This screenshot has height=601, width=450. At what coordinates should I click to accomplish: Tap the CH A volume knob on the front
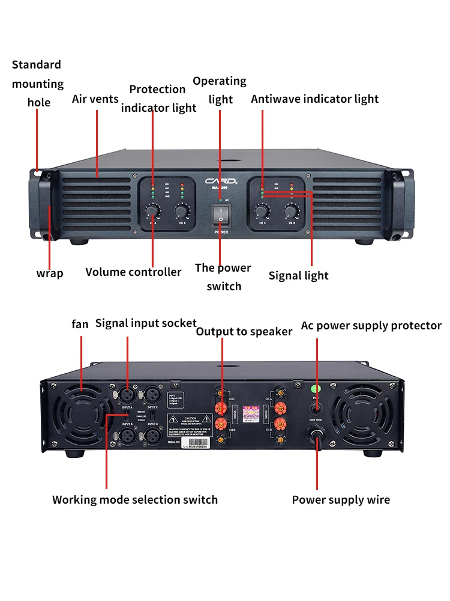(x=152, y=210)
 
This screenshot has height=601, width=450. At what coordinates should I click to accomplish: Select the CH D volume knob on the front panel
(x=292, y=210)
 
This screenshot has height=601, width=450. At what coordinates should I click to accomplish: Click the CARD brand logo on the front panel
(x=220, y=179)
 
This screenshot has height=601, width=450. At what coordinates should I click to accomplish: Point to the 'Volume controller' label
(x=133, y=272)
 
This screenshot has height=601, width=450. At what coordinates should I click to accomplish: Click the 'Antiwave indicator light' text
(x=314, y=99)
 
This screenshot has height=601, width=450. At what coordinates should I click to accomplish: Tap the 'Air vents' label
(x=95, y=99)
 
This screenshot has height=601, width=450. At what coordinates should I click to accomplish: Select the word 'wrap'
(x=50, y=273)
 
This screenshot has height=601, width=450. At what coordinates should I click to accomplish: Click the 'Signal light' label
(x=298, y=276)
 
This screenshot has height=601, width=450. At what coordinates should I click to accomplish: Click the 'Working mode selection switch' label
(x=135, y=500)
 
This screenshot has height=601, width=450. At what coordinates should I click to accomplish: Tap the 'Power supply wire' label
(x=341, y=500)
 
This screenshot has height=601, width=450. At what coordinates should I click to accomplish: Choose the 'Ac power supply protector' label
(x=371, y=326)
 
